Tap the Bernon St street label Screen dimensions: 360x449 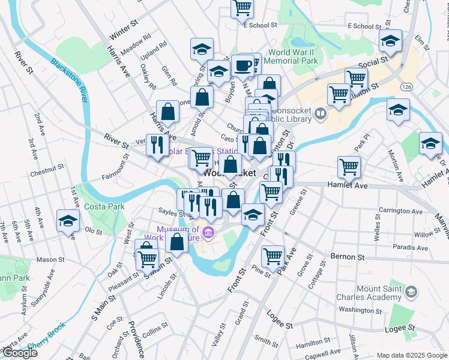tap(345, 256)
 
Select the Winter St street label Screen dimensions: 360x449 tap(124, 29)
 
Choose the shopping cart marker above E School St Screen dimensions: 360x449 tap(243, 7)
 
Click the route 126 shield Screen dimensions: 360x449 tap(406, 88)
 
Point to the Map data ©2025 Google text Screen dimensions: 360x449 tap(411, 355)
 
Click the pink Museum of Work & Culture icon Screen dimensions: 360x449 tap(208, 232)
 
